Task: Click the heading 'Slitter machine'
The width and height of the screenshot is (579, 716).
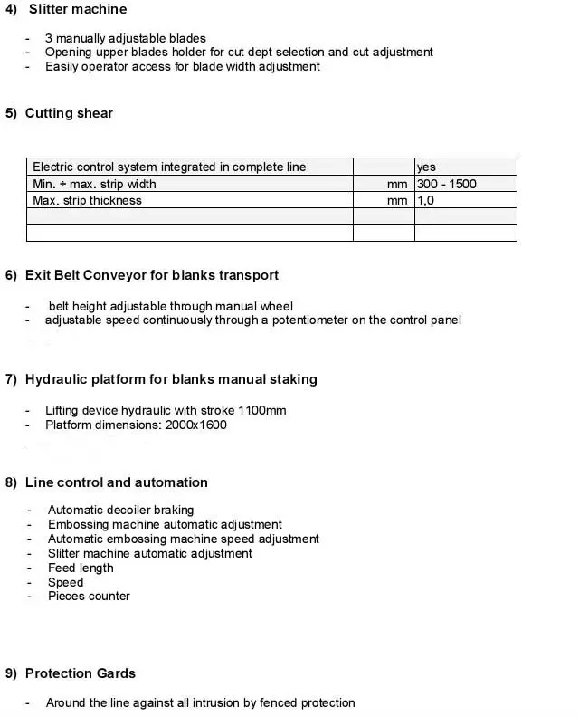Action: (78, 9)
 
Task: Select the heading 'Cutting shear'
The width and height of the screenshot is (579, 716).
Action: (69, 113)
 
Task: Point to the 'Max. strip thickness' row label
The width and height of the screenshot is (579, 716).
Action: (87, 200)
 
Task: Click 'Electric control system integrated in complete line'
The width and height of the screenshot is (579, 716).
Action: (169, 167)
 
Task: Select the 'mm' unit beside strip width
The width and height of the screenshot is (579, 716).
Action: (397, 184)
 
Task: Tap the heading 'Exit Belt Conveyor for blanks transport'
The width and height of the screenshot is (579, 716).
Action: (152, 275)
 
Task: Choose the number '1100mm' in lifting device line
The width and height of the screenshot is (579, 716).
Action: (263, 410)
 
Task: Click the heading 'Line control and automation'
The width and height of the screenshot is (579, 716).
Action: (117, 482)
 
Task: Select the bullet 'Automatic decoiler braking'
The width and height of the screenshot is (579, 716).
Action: (120, 510)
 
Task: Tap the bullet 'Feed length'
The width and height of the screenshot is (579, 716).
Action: (81, 568)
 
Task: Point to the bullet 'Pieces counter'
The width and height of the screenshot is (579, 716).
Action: (89, 596)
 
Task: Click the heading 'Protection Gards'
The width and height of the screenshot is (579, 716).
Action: (81, 673)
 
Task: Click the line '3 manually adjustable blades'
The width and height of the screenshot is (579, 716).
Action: (126, 38)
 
